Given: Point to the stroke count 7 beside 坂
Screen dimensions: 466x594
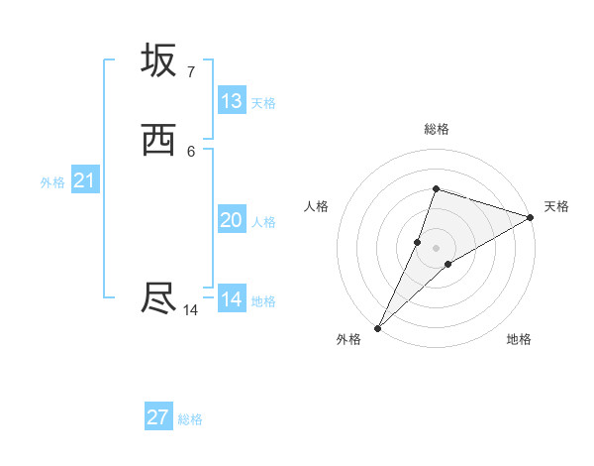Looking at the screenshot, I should pyautogui.click(x=190, y=71).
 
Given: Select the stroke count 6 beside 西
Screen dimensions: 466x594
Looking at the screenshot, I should pyautogui.click(x=190, y=151).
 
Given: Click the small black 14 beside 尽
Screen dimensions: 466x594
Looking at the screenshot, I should pyautogui.click(x=190, y=310).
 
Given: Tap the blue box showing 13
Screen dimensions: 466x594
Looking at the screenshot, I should pyautogui.click(x=232, y=100).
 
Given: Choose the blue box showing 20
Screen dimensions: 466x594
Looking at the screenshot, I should pyautogui.click(x=232, y=220).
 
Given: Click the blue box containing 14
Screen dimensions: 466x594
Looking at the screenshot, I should pyautogui.click(x=232, y=298).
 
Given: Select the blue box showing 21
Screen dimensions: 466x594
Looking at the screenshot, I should pyautogui.click(x=84, y=180).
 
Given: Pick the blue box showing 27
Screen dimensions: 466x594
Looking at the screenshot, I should pyautogui.click(x=158, y=417).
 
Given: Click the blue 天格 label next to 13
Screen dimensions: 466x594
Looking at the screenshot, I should pyautogui.click(x=263, y=102).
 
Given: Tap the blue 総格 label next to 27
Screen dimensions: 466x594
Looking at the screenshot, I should pyautogui.click(x=190, y=419).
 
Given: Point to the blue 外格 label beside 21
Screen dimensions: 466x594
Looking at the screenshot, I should pyautogui.click(x=52, y=182).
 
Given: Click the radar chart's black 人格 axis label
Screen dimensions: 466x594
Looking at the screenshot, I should pyautogui.click(x=317, y=206).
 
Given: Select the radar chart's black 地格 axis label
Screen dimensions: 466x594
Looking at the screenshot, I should pyautogui.click(x=519, y=339).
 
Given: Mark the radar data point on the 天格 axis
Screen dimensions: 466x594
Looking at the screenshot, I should pyautogui.click(x=530, y=218).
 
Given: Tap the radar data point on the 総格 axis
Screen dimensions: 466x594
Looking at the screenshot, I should pyautogui.click(x=436, y=188).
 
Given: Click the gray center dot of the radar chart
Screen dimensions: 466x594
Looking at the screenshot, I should pyautogui.click(x=436, y=247).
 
